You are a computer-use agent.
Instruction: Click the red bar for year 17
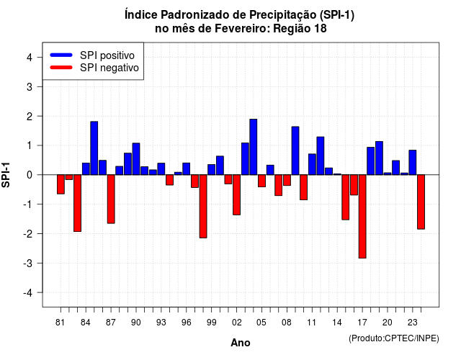point(362,216)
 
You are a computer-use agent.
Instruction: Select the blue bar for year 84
point(86,168)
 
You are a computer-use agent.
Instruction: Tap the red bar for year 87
point(111,199)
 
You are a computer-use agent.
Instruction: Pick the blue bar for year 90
point(136,158)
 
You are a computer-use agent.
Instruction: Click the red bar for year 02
point(236,194)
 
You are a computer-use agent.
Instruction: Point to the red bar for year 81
point(61,184)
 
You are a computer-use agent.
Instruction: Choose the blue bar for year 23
point(413,162)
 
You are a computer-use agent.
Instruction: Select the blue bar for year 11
point(312,164)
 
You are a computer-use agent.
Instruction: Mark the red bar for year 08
point(287,180)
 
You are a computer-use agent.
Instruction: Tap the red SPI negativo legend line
point(61,68)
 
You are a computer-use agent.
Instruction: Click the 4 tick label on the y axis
point(30,58)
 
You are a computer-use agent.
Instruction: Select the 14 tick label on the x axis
point(337,323)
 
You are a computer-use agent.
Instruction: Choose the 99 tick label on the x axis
point(211,323)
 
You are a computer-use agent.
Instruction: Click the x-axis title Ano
point(241,343)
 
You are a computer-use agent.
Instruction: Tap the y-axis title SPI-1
point(6,175)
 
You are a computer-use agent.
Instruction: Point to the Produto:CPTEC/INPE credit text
point(394,338)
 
